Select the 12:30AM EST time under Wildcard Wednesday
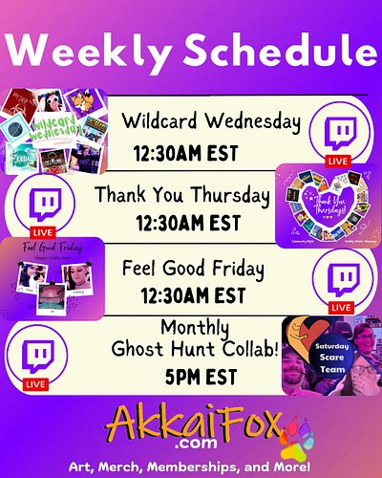[x=185, y=153]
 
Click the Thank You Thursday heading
[x=182, y=196]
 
